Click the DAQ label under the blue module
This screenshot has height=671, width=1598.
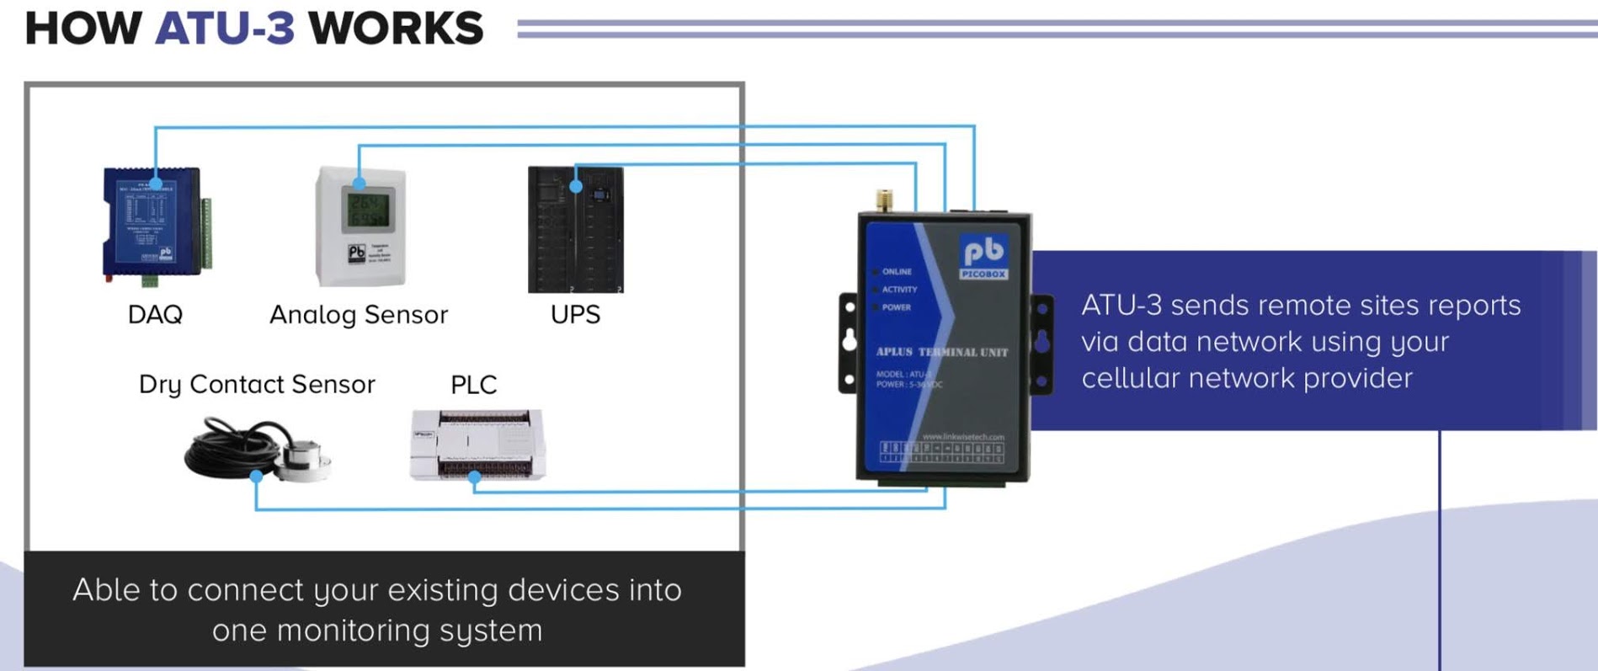coord(155,315)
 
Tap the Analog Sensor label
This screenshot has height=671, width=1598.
coord(359,315)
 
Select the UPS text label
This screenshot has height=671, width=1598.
coord(575,315)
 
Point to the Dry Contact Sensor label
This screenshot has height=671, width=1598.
coord(257,385)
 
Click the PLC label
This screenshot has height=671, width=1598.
coord(473,385)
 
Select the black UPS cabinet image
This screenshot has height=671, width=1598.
coord(576,230)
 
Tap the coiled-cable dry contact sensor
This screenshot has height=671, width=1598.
coord(257,449)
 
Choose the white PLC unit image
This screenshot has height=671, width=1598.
coord(477,444)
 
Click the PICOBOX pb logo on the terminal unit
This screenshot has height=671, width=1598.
coord(983,256)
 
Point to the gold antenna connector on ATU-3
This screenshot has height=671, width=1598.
coord(884,200)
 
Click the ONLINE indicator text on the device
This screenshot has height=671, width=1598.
coord(897,272)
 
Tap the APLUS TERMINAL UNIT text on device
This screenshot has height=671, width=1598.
coord(941,352)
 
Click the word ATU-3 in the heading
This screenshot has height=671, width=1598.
coord(225,29)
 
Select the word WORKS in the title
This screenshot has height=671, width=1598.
coord(396,29)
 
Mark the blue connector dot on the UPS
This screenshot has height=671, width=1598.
coord(576,186)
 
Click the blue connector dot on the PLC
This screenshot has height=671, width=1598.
coord(474,477)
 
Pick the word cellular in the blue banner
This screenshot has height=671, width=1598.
coord(1132,378)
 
